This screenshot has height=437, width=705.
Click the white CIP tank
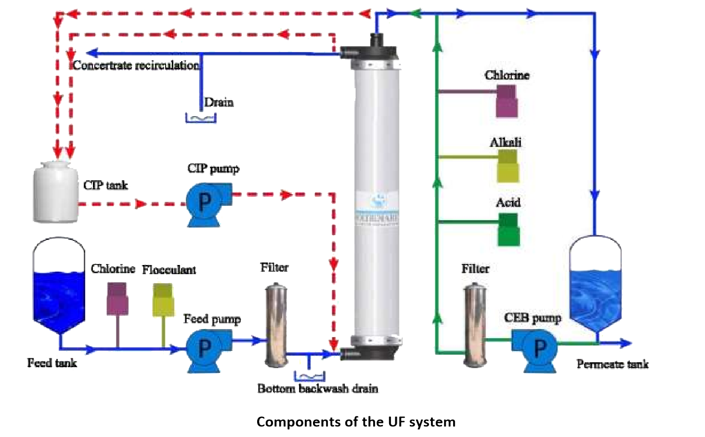pyautogui.click(x=56, y=192)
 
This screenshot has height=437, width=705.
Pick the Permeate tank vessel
pyautogui.click(x=595, y=284)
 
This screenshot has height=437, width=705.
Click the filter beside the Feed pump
pyautogui.click(x=276, y=326)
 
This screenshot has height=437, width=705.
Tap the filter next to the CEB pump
pyautogui.click(x=475, y=326)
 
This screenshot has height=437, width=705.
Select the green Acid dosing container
pyautogui.click(x=508, y=230)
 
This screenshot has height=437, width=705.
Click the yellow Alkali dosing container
pyautogui.click(x=508, y=166)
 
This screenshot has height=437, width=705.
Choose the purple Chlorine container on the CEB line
pyautogui.click(x=507, y=101)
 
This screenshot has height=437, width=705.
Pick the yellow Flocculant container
pyautogui.click(x=163, y=300)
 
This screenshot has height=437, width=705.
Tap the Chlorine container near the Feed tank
pyautogui.click(x=117, y=299)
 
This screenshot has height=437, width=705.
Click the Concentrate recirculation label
pyautogui.click(x=136, y=65)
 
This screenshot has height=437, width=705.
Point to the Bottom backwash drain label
pyautogui.click(x=317, y=388)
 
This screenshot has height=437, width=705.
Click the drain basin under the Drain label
pyautogui.click(x=201, y=117)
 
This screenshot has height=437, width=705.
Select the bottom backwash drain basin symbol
pyautogui.click(x=309, y=376)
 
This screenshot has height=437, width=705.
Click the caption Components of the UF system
pyautogui.click(x=355, y=422)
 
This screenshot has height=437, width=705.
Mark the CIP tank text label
pyautogui.click(x=105, y=185)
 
